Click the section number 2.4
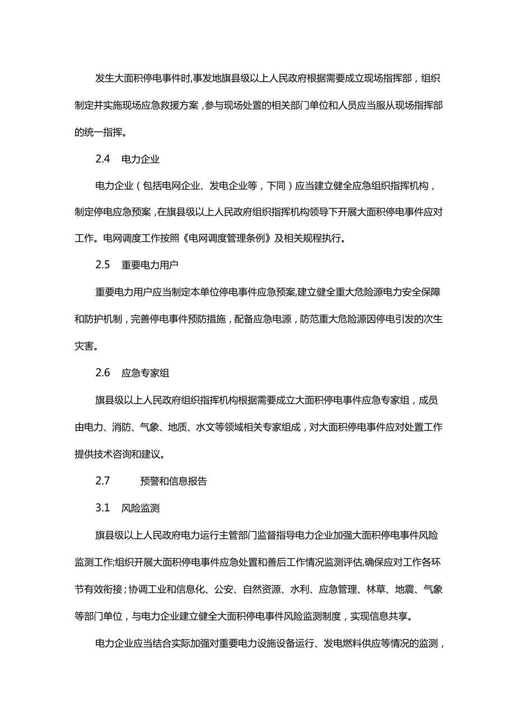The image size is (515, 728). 102,159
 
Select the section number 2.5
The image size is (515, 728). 102,265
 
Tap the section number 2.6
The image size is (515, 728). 102,372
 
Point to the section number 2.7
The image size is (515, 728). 102,481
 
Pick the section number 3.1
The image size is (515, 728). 102,508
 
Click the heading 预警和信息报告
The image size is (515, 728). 174,481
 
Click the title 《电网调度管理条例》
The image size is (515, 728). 229,238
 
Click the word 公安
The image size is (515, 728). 228,589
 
